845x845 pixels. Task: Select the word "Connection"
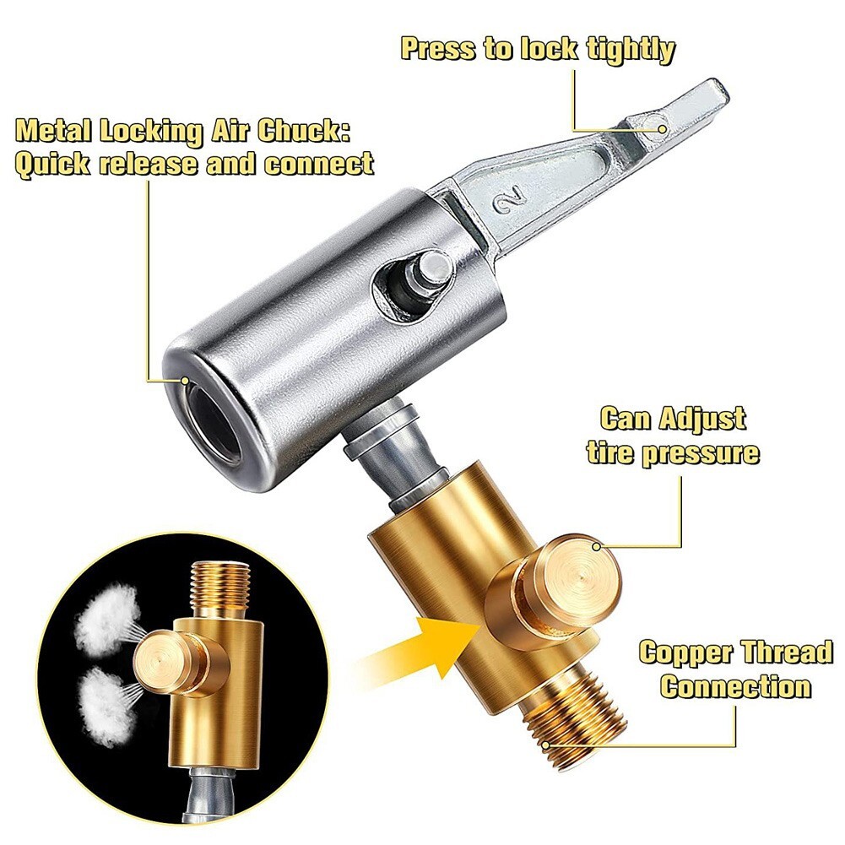[x=735, y=685]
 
